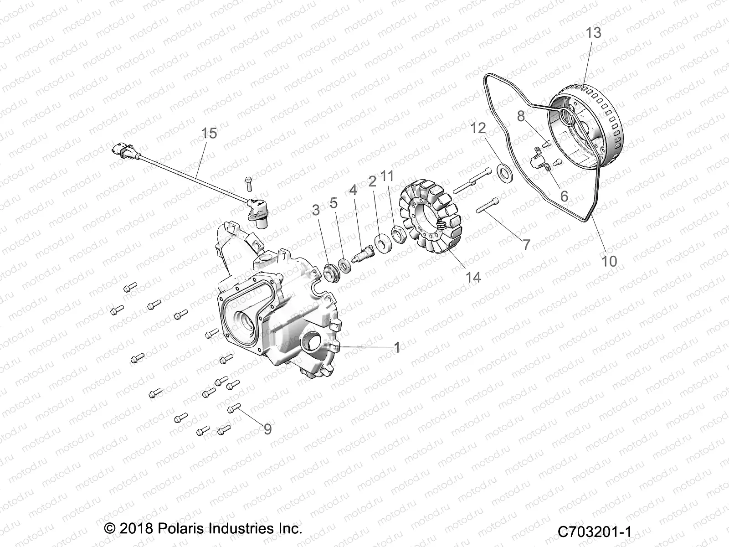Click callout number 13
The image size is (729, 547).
point(593,33)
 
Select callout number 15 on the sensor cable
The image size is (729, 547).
point(209,133)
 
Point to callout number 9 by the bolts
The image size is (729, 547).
point(267,429)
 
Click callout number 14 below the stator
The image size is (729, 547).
point(473,277)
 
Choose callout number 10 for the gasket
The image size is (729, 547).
point(609,261)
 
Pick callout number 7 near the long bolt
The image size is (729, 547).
point(526,245)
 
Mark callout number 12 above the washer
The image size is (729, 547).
point(478,128)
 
